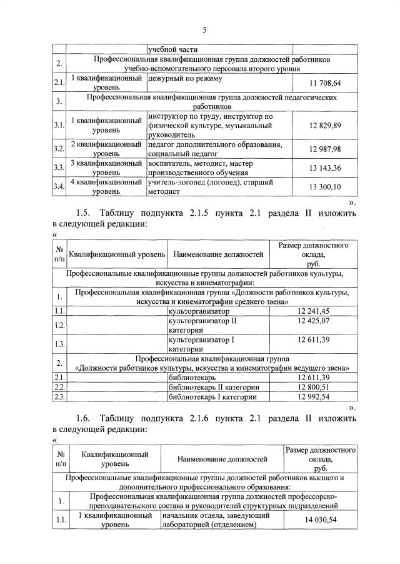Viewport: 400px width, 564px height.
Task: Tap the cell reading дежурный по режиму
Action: [182, 79]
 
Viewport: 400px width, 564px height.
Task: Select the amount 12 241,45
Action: [317, 311]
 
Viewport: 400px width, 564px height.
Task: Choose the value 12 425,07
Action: [317, 321]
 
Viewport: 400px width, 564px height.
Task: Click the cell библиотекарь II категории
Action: [212, 387]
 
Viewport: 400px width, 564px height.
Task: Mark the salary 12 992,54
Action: [317, 396]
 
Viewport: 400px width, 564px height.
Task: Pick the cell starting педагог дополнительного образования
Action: [212, 148]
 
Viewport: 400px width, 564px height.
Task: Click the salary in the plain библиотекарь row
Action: [317, 378]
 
